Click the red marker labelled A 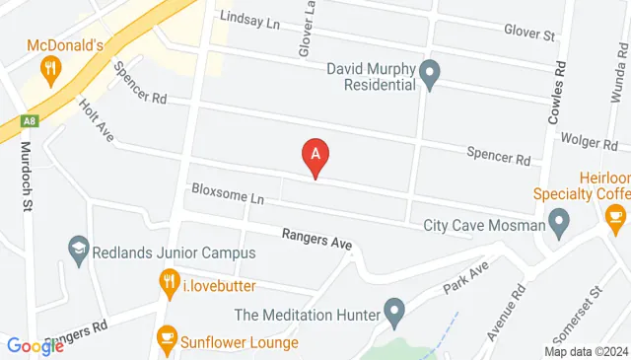(x=315, y=156)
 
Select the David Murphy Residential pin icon (x=430, y=72)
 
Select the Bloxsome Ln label (x=228, y=197)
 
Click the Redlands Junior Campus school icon (x=79, y=250)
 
